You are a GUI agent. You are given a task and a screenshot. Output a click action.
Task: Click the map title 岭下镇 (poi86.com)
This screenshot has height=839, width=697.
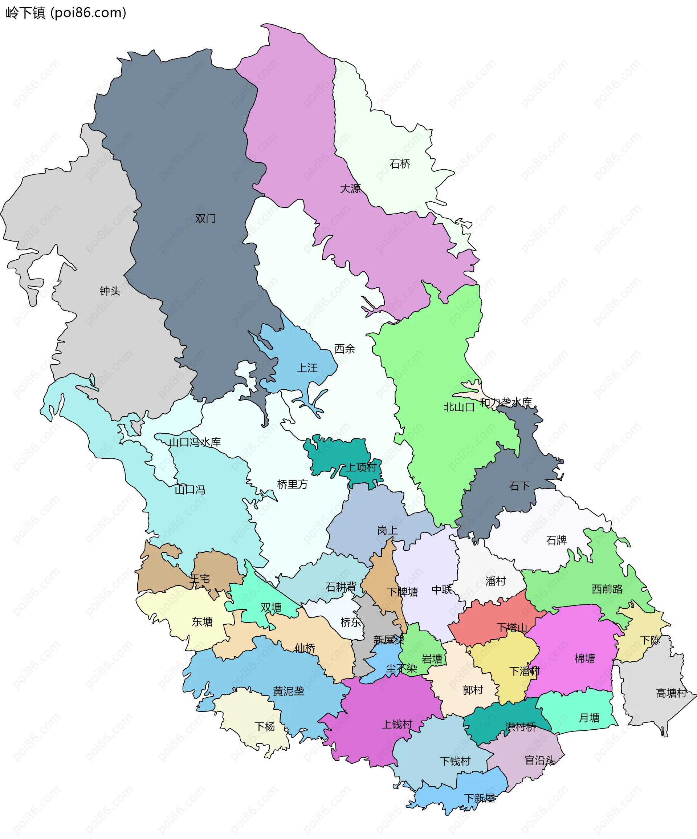pyautogui.click(x=66, y=13)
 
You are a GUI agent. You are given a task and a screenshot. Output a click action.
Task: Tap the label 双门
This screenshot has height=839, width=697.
pyautogui.click(x=205, y=219)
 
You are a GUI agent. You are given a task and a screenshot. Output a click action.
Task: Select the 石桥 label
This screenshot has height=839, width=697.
pyautogui.click(x=400, y=164)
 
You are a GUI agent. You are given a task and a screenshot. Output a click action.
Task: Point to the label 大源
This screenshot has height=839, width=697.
pyautogui.click(x=350, y=189)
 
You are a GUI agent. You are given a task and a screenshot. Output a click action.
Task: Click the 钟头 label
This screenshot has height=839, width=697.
pyautogui.click(x=110, y=291)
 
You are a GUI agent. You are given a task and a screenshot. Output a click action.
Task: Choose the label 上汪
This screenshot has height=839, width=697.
pyautogui.click(x=307, y=368)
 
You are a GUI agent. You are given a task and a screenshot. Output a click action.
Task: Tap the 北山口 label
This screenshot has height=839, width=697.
pyautogui.click(x=459, y=407)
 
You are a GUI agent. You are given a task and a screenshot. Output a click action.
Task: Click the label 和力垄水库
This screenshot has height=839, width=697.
pyautogui.click(x=506, y=402)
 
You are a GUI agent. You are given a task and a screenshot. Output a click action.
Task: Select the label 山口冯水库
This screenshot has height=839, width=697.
pyautogui.click(x=195, y=442)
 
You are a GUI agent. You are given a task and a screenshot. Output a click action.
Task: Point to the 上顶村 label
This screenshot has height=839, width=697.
pyautogui.click(x=361, y=467)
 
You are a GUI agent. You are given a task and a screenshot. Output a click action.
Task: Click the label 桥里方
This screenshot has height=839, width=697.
pyautogui.click(x=292, y=485)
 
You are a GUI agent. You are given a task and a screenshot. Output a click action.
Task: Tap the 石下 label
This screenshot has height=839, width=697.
pyautogui.click(x=519, y=486)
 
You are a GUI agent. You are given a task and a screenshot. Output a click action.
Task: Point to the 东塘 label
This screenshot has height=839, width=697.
pyautogui.click(x=202, y=622)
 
